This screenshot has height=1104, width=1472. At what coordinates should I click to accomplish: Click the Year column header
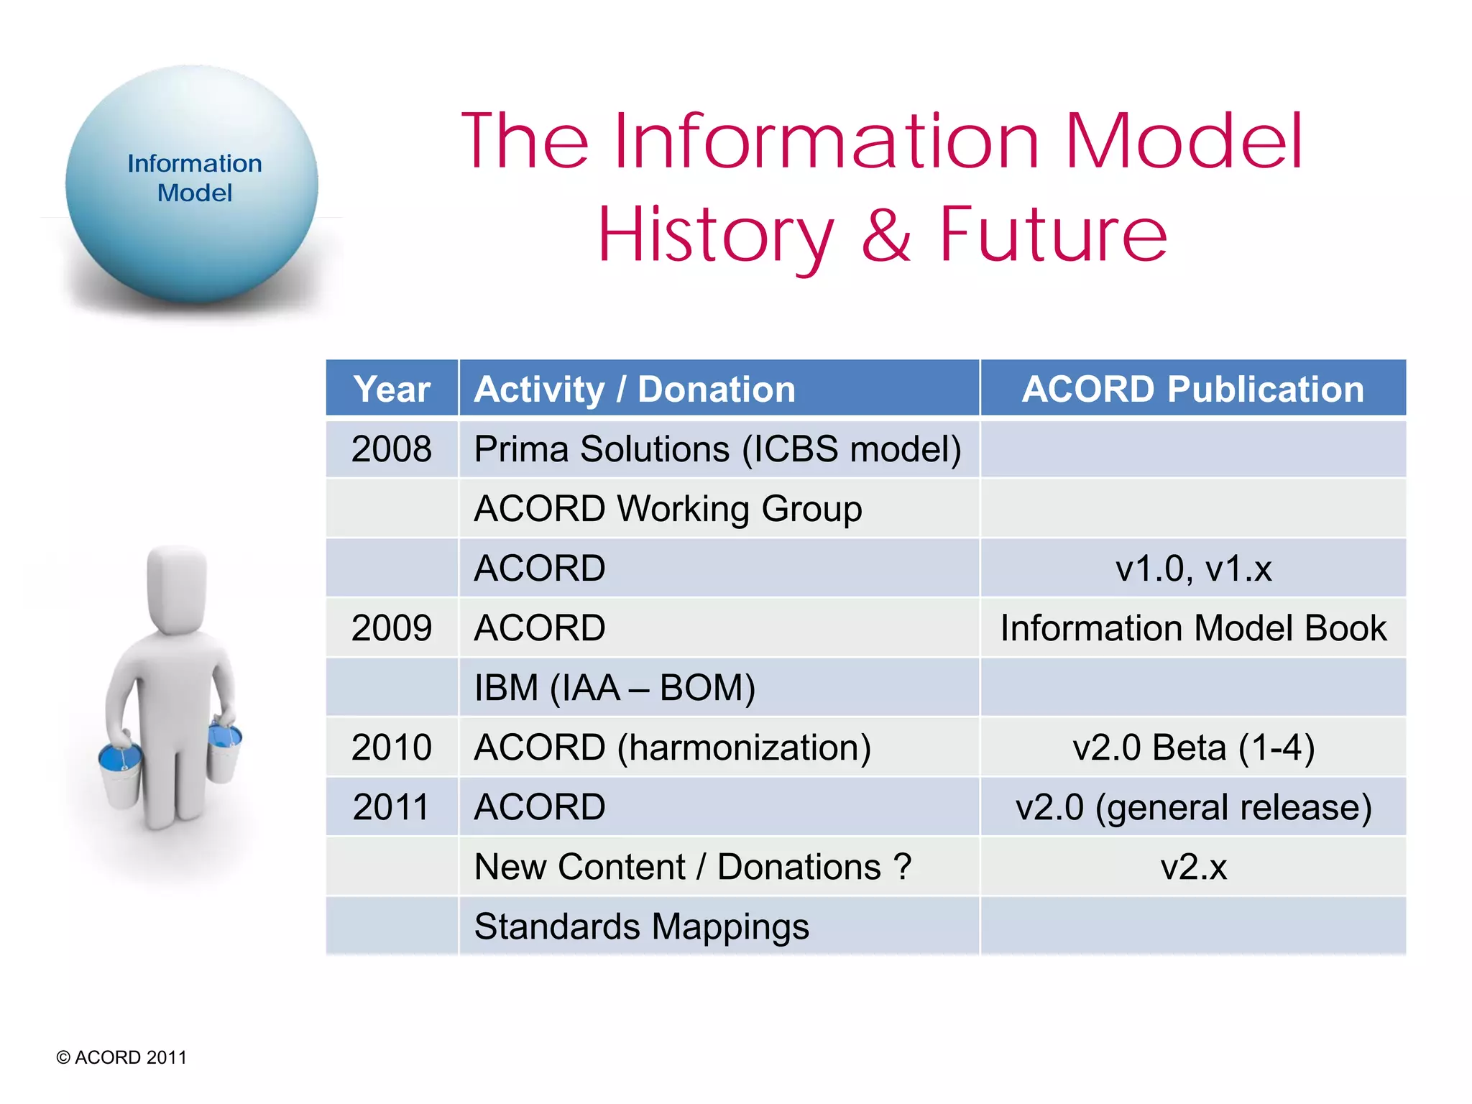click(392, 389)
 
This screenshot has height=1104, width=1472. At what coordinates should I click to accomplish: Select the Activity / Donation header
click(635, 389)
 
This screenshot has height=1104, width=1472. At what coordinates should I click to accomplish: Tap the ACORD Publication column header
click(1192, 389)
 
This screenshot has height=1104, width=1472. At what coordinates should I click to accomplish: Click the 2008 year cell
click(392, 449)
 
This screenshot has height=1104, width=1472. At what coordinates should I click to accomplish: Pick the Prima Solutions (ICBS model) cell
click(717, 449)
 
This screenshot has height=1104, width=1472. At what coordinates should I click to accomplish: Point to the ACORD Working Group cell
click(668, 509)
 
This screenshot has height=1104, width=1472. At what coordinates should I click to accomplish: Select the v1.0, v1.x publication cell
click(1193, 569)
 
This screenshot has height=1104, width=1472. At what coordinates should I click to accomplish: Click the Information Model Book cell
click(1193, 628)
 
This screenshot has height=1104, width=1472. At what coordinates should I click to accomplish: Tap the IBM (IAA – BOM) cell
click(615, 688)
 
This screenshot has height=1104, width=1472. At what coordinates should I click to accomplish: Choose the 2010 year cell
click(392, 747)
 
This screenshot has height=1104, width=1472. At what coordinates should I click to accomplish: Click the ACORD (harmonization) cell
click(673, 747)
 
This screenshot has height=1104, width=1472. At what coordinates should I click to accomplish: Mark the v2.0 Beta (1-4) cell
click(1193, 747)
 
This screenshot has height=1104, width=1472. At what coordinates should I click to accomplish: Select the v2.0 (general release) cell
click(1193, 807)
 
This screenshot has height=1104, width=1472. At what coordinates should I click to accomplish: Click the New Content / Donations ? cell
click(693, 867)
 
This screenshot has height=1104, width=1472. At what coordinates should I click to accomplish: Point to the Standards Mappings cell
click(641, 926)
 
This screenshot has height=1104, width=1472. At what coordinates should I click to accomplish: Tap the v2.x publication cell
click(1193, 867)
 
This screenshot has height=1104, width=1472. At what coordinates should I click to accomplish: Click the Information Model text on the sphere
click(195, 178)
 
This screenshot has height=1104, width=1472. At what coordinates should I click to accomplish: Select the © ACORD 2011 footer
click(121, 1057)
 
